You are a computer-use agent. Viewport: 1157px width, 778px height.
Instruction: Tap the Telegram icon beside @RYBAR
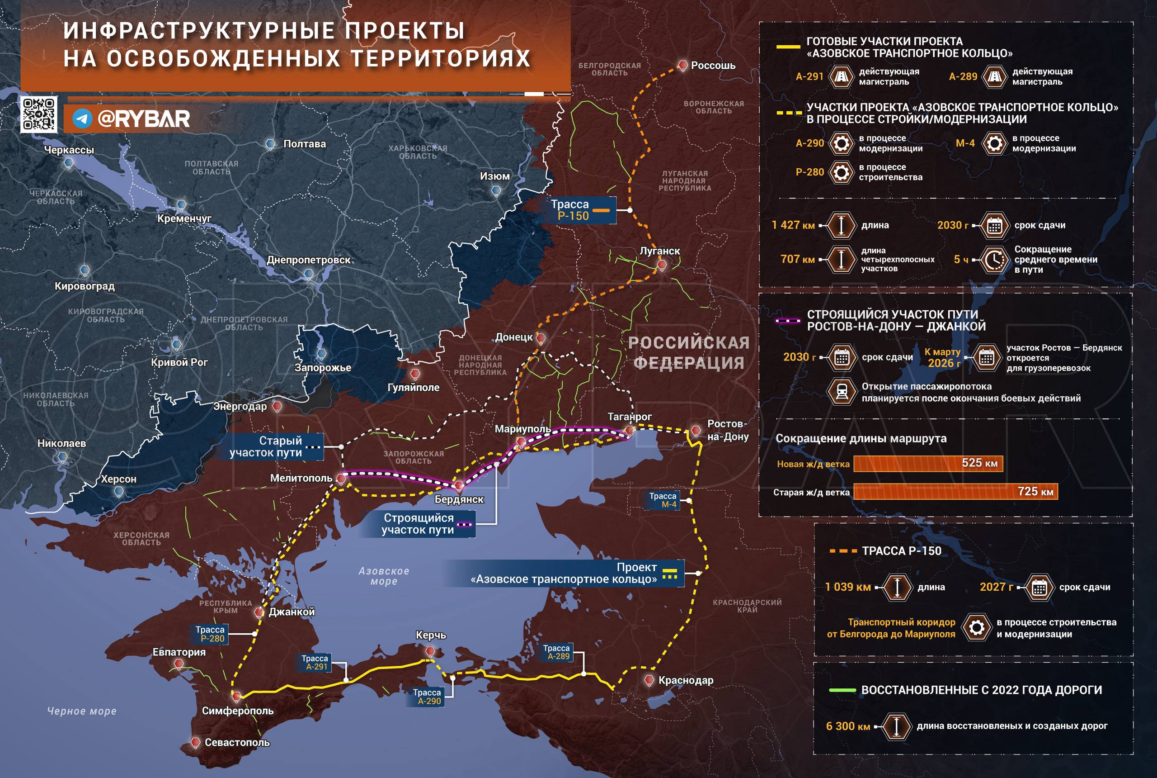(82, 119)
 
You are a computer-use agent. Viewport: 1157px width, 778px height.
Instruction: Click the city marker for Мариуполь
(521, 441)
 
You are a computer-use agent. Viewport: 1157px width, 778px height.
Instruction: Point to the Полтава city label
(304, 144)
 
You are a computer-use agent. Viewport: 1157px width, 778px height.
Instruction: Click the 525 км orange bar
(928, 464)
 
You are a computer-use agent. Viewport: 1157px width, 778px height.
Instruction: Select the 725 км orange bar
(955, 491)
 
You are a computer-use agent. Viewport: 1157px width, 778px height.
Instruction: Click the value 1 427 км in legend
(793, 225)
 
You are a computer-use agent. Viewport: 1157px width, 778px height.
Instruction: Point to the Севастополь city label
(237, 742)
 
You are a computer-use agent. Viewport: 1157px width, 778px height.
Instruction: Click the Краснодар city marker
(649, 680)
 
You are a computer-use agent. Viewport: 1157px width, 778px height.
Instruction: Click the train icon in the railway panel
(841, 392)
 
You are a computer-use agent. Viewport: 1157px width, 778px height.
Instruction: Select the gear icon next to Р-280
(841, 172)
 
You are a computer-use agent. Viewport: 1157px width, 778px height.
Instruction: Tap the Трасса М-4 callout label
(662, 500)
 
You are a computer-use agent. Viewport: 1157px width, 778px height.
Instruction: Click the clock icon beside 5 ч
(993, 260)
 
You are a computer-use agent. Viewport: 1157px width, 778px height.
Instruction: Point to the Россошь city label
(712, 66)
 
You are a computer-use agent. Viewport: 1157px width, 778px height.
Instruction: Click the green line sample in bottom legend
(842, 690)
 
